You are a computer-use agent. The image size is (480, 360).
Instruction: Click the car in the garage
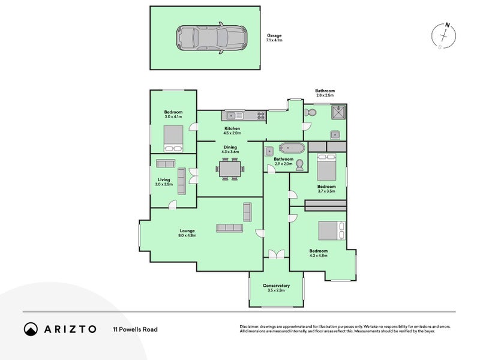[x=211, y=38]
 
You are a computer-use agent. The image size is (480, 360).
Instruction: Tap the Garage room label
[x=274, y=35]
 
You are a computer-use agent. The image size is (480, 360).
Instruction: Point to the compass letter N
[x=448, y=25]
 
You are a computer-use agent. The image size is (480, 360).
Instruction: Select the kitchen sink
[x=235, y=116]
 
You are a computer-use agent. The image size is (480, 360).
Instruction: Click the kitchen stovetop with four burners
[x=261, y=115]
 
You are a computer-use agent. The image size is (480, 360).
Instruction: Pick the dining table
[x=230, y=169]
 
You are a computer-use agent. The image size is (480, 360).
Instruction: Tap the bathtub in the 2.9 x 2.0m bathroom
[x=292, y=148]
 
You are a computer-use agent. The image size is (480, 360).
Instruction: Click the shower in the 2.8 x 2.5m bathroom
[x=338, y=112]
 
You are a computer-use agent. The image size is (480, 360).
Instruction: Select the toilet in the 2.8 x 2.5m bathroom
[x=310, y=112]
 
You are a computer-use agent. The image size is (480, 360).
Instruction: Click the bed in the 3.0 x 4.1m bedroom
[x=173, y=139]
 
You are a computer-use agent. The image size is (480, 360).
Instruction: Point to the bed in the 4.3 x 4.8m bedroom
[x=332, y=230]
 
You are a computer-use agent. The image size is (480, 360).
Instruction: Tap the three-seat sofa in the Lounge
[x=229, y=228]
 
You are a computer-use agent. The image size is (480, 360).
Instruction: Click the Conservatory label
[x=276, y=286]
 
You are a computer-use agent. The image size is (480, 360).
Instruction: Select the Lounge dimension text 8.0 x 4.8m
[x=187, y=235]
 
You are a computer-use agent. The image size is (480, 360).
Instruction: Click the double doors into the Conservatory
[x=277, y=254]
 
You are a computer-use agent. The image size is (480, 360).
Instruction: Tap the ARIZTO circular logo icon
[x=31, y=329]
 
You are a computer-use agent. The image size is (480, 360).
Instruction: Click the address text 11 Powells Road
[x=136, y=329]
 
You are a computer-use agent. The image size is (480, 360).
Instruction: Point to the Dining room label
[x=230, y=147]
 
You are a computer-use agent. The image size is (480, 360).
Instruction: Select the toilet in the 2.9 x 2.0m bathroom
[x=299, y=165]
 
